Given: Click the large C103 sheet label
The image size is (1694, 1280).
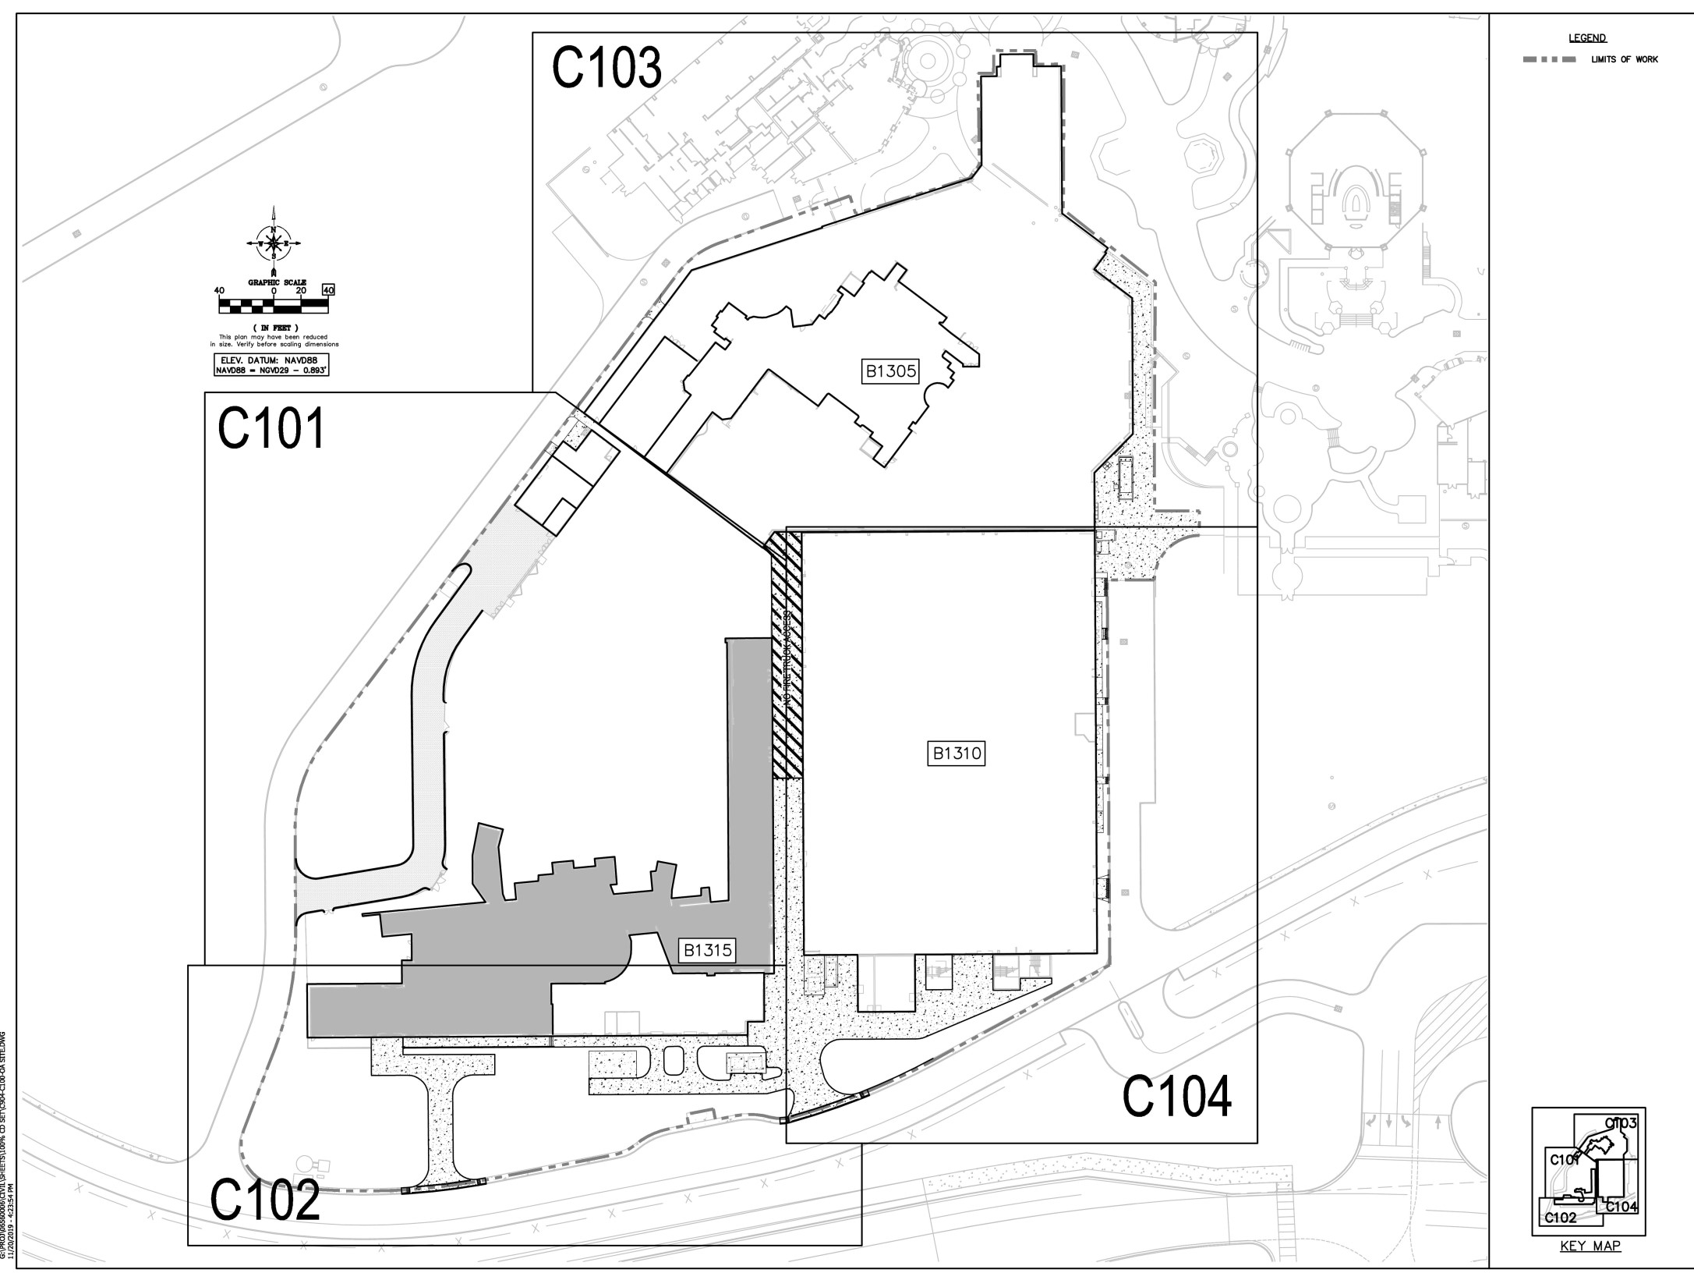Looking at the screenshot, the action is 607,68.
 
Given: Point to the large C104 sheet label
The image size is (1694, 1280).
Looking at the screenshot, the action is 1176,1096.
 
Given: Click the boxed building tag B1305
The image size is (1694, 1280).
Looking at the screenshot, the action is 890,371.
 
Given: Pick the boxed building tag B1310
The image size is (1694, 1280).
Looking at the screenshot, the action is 957,753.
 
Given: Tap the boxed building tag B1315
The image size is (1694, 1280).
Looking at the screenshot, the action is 708,950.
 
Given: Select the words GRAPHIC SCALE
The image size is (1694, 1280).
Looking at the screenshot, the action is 277,282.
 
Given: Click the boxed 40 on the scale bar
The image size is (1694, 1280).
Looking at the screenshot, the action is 328,290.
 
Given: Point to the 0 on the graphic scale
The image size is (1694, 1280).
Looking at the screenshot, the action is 274,291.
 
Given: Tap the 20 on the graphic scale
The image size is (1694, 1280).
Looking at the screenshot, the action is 301,291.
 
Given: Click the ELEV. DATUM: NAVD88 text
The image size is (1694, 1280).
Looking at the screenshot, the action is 271,360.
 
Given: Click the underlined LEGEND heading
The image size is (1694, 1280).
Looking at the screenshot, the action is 1587,38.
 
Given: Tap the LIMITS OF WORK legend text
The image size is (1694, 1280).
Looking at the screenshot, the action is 1625,59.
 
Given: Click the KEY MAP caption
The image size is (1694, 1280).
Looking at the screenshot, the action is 1590,1268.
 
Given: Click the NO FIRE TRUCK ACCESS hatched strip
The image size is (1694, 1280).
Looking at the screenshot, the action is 787,655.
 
